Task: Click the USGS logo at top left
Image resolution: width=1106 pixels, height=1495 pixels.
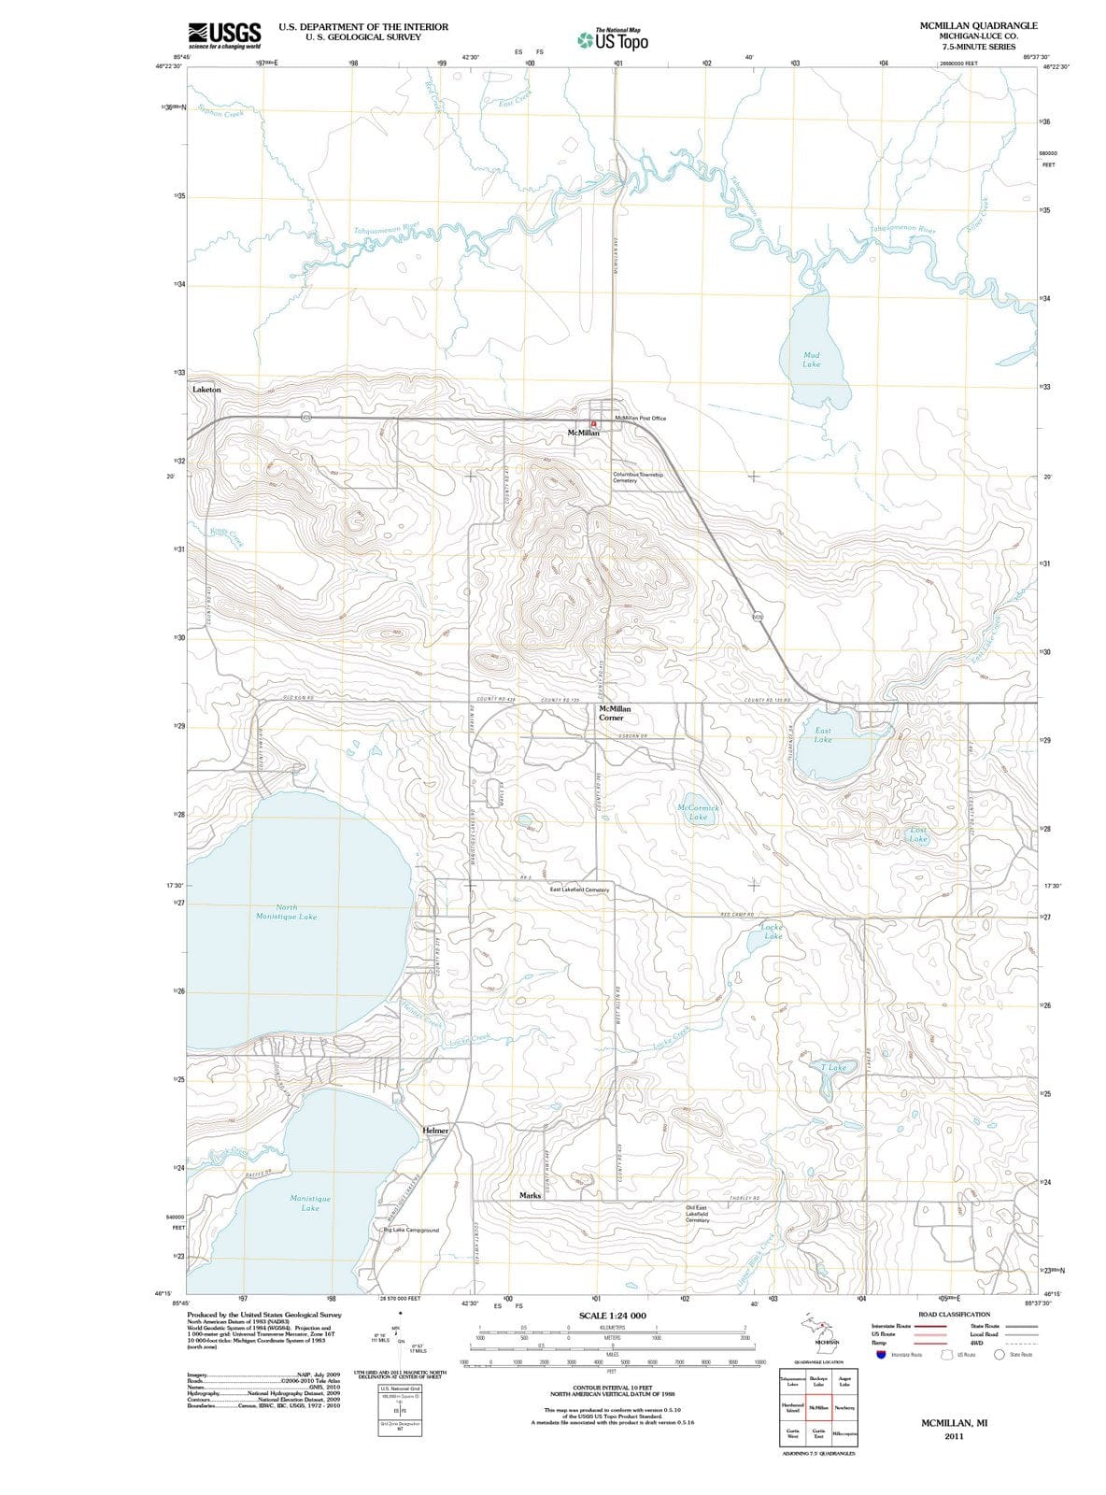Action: [x=224, y=35]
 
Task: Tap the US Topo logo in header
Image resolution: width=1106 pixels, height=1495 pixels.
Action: [x=613, y=40]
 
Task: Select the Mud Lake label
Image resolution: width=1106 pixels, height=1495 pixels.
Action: [x=812, y=360]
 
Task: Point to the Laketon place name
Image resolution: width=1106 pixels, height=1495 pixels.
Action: [x=206, y=390]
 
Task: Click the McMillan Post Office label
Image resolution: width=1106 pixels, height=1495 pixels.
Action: [x=641, y=419]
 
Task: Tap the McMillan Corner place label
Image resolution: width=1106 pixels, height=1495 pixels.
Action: [x=614, y=714]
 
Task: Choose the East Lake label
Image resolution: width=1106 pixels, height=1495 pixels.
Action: [x=823, y=735]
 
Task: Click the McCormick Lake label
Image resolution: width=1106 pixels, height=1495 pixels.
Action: [x=698, y=812]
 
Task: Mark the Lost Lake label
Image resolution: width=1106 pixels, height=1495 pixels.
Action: [x=918, y=834]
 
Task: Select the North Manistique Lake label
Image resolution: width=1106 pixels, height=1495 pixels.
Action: [x=286, y=912]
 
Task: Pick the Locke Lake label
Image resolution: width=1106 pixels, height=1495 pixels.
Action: [x=773, y=932]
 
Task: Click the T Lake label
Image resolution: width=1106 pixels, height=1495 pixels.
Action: [x=833, y=1067]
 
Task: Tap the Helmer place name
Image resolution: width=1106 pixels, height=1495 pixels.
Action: [x=436, y=1131]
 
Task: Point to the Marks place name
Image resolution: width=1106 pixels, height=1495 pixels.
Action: [x=530, y=1195]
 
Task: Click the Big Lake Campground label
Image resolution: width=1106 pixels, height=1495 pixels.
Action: [x=411, y=1231]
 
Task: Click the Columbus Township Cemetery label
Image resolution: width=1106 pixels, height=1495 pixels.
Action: [x=638, y=477]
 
